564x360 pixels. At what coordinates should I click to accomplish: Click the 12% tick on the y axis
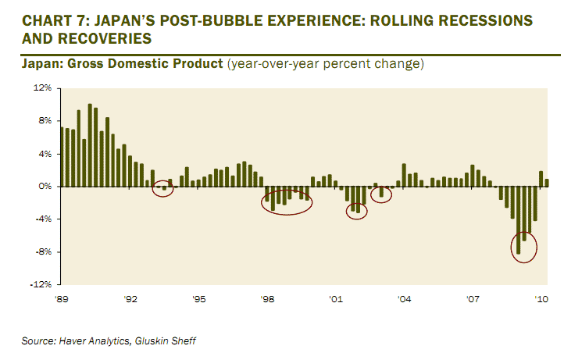point(41,89)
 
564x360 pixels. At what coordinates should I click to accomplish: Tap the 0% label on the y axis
point(44,187)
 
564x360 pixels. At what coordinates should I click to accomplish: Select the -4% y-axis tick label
point(42,219)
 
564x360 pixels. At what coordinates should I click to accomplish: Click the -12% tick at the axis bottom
point(40,284)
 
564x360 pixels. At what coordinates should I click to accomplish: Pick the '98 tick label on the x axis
point(267,299)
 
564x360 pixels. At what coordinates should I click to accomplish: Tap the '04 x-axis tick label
point(405,299)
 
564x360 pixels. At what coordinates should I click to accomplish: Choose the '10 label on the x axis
point(541,299)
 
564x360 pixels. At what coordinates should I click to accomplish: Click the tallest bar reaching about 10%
point(90,145)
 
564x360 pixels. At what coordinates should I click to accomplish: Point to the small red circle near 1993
point(162,188)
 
